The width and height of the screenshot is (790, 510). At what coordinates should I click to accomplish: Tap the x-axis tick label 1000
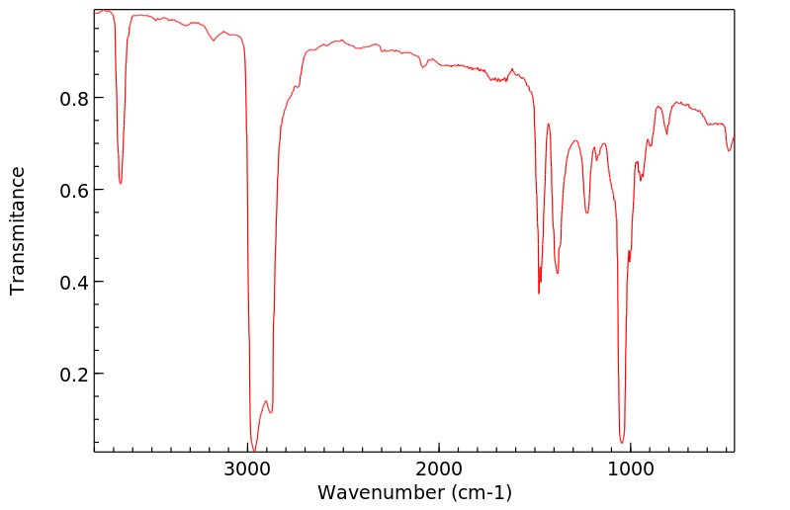tap(630, 468)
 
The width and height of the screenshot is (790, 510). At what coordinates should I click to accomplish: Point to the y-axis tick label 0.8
tap(75, 99)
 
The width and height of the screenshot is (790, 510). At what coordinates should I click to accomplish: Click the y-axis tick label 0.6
tap(75, 191)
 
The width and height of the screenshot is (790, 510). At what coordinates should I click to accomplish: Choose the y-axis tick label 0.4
tap(75, 283)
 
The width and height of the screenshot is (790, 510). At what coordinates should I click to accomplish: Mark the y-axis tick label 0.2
tap(75, 375)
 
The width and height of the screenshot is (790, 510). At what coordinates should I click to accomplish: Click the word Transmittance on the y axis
tap(18, 230)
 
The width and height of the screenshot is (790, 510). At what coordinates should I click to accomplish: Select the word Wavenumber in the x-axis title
tap(379, 492)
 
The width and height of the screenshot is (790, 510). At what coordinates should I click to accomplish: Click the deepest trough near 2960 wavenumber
tap(254, 450)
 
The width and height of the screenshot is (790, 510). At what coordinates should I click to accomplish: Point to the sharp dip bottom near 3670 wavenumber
tap(121, 183)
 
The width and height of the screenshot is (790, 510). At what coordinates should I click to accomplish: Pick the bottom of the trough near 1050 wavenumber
tap(622, 442)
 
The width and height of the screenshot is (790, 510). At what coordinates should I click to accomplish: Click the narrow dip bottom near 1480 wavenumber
tap(539, 293)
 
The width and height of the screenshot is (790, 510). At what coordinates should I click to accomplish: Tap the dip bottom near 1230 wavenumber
tap(586, 212)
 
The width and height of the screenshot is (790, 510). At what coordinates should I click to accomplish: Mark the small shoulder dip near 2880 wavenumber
tap(271, 412)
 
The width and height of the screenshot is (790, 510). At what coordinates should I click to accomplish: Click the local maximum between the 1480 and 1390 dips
tap(548, 125)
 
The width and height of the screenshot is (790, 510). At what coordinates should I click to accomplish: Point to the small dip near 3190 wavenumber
tap(213, 41)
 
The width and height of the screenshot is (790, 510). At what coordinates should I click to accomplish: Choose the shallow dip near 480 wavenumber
tap(730, 150)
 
